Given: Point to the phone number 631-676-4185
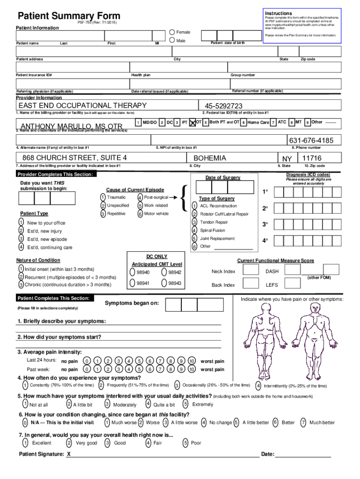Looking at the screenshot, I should click(x=311, y=140).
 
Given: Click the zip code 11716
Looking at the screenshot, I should click(x=312, y=158).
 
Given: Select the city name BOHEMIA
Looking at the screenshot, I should click(x=210, y=158).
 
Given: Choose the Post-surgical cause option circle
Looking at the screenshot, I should click(x=140, y=197).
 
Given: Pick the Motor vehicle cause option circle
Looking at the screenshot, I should click(x=140, y=214).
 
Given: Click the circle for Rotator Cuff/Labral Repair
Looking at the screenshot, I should click(x=194, y=214).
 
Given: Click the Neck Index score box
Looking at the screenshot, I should click(x=252, y=271).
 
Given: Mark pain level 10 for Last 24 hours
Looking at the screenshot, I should click(x=191, y=361).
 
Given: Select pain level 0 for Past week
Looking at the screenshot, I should click(x=86, y=369).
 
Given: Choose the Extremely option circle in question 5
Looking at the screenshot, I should click(x=186, y=404).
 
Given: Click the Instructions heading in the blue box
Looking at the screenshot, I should click(x=278, y=13).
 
